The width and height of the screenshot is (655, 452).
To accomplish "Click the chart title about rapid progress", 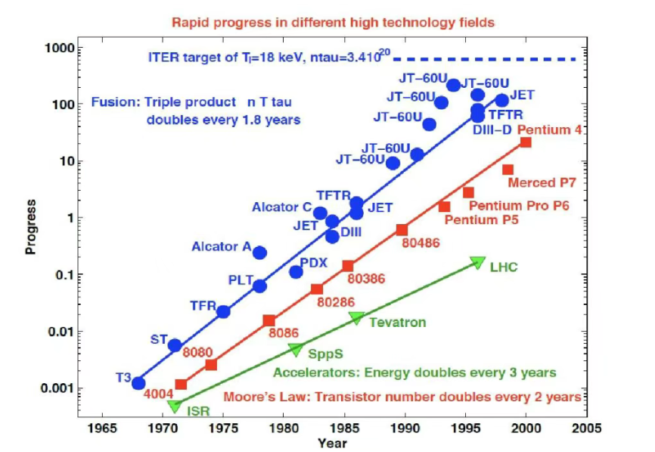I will pyautogui.click(x=333, y=22).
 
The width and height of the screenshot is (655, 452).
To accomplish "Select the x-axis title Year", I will pyautogui.click(x=333, y=443).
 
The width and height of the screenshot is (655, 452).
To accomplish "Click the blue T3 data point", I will pyautogui.click(x=138, y=383).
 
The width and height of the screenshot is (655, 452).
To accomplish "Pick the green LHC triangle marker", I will pyautogui.click(x=477, y=262).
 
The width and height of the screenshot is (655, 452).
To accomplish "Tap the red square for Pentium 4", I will pyautogui.click(x=526, y=142).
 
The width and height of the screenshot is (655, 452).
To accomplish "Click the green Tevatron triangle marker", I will pyautogui.click(x=356, y=319).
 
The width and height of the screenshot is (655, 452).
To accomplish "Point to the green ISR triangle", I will pyautogui.click(x=175, y=406).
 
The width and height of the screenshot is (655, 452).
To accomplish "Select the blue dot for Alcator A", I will pyautogui.click(x=259, y=253).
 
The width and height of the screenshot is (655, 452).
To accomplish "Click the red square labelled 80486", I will pyautogui.click(x=402, y=230).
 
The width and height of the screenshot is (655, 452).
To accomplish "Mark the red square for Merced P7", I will pyautogui.click(x=508, y=170).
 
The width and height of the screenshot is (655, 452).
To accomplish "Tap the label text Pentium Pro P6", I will pyautogui.click(x=519, y=205).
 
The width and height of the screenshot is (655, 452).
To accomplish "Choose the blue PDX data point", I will pyautogui.click(x=296, y=272).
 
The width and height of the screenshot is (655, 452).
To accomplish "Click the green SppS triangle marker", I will pyautogui.click(x=296, y=349).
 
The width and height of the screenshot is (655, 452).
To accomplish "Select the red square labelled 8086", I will pyautogui.click(x=269, y=321).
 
